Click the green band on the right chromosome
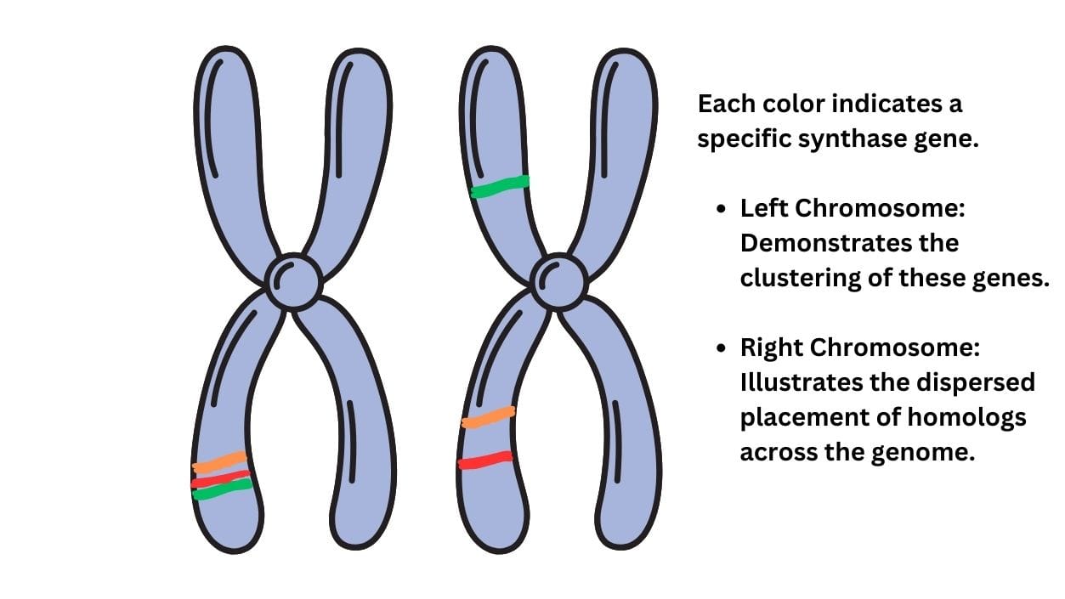pyautogui.click(x=500, y=186)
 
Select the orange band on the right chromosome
pyautogui.click(x=488, y=418)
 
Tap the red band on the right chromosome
pyautogui.click(x=485, y=460)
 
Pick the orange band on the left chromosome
pyautogui.click(x=219, y=462)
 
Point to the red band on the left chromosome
pyautogui.click(x=221, y=479)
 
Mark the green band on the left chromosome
pyautogui.click(x=223, y=489)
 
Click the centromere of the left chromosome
pyautogui.click(x=293, y=282)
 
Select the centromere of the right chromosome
pyautogui.click(x=558, y=282)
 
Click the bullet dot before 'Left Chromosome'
pyautogui.click(x=722, y=209)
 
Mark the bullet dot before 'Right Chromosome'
pyautogui.click(x=722, y=348)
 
